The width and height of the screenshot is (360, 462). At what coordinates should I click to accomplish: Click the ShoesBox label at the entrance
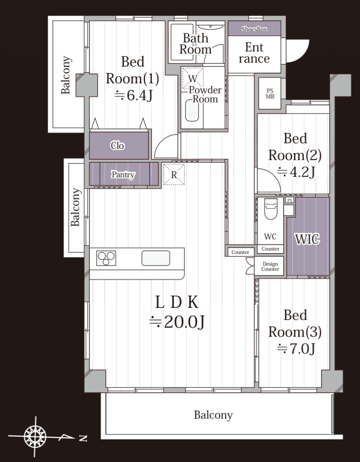click(x=254, y=29)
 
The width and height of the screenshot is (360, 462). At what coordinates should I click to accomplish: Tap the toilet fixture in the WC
click(x=271, y=209)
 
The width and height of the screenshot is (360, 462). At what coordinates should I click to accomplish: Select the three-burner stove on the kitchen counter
click(x=106, y=258)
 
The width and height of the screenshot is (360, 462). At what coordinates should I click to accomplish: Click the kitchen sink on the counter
click(x=156, y=258)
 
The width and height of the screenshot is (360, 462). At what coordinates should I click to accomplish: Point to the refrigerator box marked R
click(x=174, y=175)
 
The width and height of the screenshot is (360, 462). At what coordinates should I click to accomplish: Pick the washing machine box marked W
click(x=193, y=78)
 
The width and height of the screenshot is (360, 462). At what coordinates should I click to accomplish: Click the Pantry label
click(x=123, y=175)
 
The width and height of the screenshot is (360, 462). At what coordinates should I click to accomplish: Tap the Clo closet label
click(x=117, y=146)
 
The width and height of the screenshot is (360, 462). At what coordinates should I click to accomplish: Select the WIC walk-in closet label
click(x=307, y=239)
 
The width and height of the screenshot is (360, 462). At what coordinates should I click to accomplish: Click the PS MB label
click(x=270, y=94)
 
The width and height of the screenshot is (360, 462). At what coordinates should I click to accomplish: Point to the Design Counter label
click(x=270, y=266)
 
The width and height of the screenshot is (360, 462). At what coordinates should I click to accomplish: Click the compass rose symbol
click(x=35, y=436)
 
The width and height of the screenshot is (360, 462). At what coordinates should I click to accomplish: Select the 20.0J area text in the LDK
click(x=177, y=322)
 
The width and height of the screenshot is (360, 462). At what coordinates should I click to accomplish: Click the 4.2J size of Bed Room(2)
click(x=296, y=172)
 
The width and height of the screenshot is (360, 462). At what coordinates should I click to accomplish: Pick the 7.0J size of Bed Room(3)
click(x=296, y=349)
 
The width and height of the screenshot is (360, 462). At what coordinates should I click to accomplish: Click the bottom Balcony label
click(x=213, y=415)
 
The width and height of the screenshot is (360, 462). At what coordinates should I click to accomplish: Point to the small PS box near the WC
click(x=290, y=200)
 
